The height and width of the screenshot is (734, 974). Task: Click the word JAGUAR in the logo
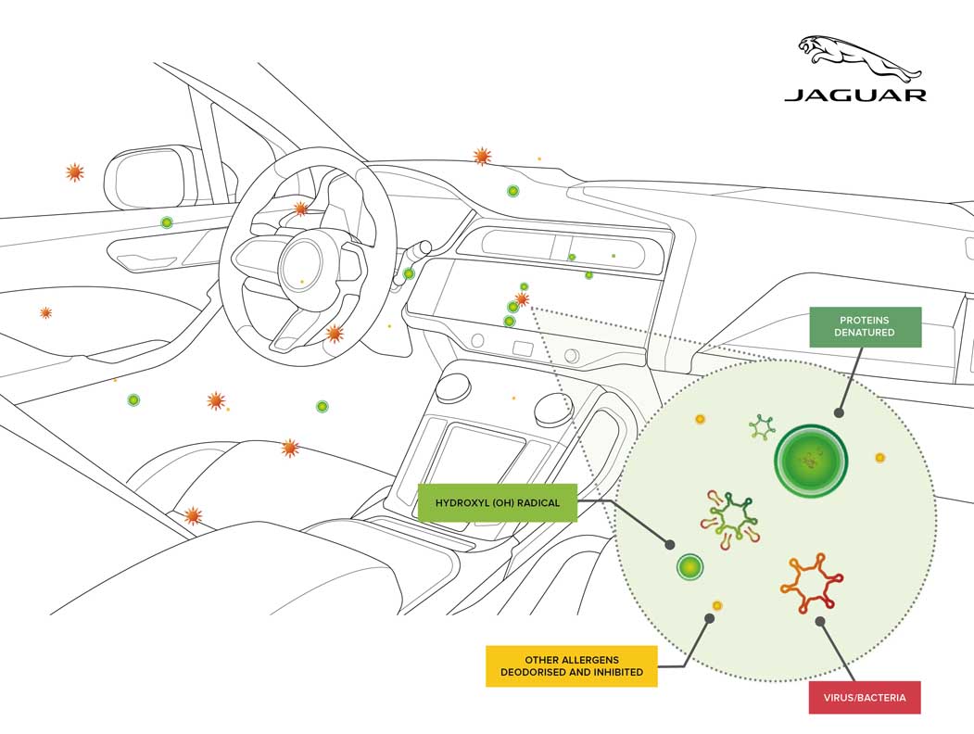point(854,94)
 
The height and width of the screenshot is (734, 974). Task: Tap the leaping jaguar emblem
point(859,57)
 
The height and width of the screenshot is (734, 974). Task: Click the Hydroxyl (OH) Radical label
point(497,504)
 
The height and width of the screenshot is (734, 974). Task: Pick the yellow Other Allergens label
point(571,665)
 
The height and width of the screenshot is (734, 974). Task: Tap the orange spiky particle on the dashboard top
point(482,156)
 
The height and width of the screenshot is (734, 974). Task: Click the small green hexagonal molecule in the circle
point(762,427)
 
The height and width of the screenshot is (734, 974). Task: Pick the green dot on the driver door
point(167,222)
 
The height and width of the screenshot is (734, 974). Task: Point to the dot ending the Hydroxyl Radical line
point(670,543)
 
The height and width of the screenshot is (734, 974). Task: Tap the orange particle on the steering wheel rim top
point(300,209)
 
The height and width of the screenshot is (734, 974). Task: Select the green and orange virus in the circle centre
point(732,515)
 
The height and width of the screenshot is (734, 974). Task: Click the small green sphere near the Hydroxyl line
point(689,566)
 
